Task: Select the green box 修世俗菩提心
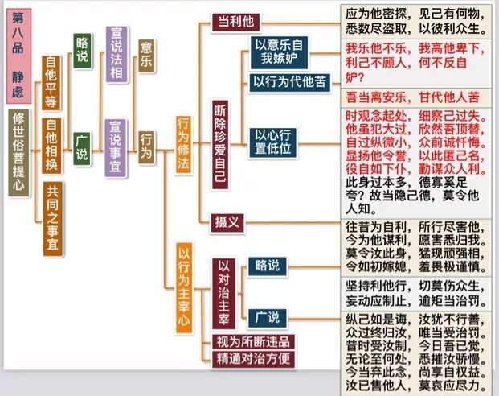click(18, 154)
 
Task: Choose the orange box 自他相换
click(51, 138)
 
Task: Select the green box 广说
click(82, 147)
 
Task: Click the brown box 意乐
click(146, 56)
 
